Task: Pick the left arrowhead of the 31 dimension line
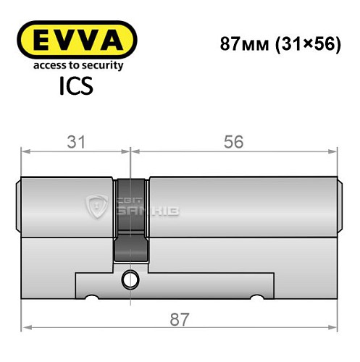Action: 25,152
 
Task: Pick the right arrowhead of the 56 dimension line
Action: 335,152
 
